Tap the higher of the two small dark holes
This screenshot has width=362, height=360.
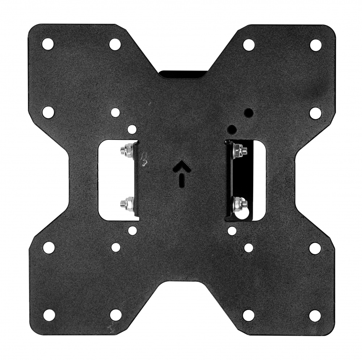click(x=248, y=112)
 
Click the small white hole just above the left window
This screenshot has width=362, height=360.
click(x=132, y=129)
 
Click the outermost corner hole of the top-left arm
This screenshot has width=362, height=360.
click(x=48, y=44)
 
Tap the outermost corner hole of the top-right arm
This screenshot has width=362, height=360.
click(x=316, y=45)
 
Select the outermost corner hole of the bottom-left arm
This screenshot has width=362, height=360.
click(x=49, y=315)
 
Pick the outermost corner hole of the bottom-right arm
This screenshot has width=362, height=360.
click(x=315, y=315)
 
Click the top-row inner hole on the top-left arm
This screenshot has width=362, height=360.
click(x=115, y=44)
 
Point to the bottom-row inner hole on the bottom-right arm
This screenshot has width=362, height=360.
click(x=249, y=315)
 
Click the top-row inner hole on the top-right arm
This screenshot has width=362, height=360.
click(x=249, y=45)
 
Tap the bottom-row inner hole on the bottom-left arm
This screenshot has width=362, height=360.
click(x=115, y=315)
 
